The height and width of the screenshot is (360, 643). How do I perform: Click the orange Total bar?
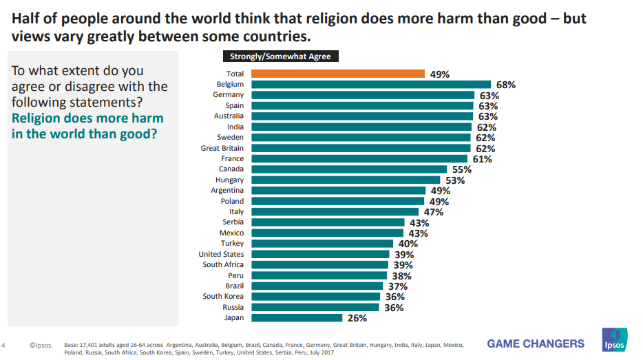337,74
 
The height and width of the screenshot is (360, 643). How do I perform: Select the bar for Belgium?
370,85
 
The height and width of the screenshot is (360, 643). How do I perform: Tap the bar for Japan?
296,318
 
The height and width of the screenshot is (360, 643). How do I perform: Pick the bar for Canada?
348,169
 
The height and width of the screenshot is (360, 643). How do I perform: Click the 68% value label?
506,85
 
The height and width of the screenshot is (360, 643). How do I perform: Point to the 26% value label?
357,318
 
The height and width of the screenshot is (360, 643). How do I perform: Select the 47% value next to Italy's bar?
433,212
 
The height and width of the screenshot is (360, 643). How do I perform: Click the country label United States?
221,254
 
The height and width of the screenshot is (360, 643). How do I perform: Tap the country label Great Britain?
222,148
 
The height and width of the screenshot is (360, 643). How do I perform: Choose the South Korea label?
223,297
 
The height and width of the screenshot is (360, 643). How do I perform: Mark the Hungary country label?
229,180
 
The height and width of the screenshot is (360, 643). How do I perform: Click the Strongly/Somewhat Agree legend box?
280,57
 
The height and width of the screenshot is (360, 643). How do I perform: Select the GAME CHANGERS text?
536,343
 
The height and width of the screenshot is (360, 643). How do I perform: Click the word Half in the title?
25,19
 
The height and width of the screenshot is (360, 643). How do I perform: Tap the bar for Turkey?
321,244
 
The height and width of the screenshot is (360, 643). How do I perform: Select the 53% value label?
455,180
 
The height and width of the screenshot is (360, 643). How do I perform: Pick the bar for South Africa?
320,265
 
